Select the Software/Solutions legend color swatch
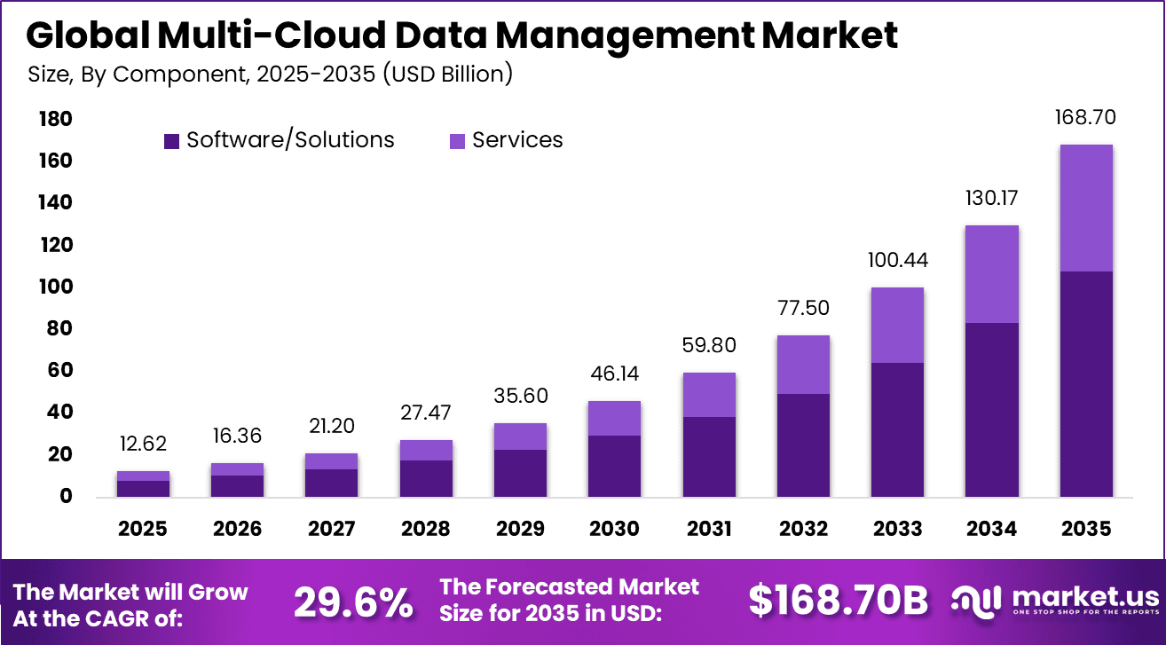[172, 140]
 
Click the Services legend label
[517, 140]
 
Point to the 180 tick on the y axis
[55, 120]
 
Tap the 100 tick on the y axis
[55, 287]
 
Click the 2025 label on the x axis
[143, 529]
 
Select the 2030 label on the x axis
[614, 529]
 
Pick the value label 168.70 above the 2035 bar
[1085, 117]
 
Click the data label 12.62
[143, 444]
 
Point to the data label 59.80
[708, 345]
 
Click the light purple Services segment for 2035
[1085, 208]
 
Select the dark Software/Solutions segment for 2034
[991, 409]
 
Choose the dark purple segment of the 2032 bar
[803, 444]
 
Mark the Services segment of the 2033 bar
[897, 325]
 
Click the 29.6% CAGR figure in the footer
[353, 602]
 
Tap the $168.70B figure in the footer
[838, 601]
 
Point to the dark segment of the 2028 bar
[426, 478]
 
